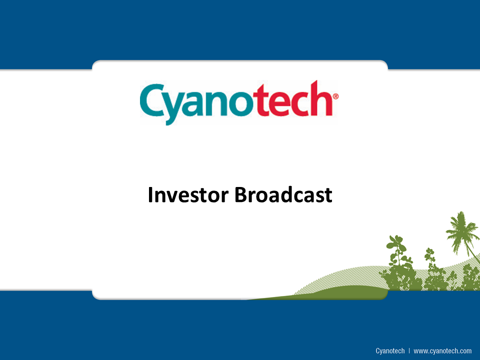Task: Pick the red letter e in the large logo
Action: click(x=281, y=104)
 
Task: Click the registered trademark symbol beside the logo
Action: click(x=335, y=96)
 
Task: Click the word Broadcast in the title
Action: click(x=283, y=194)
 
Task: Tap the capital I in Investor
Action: click(x=150, y=194)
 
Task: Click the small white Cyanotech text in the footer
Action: click(x=390, y=351)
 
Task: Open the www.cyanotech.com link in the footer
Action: click(x=442, y=351)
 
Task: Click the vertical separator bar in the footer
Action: click(x=409, y=351)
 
